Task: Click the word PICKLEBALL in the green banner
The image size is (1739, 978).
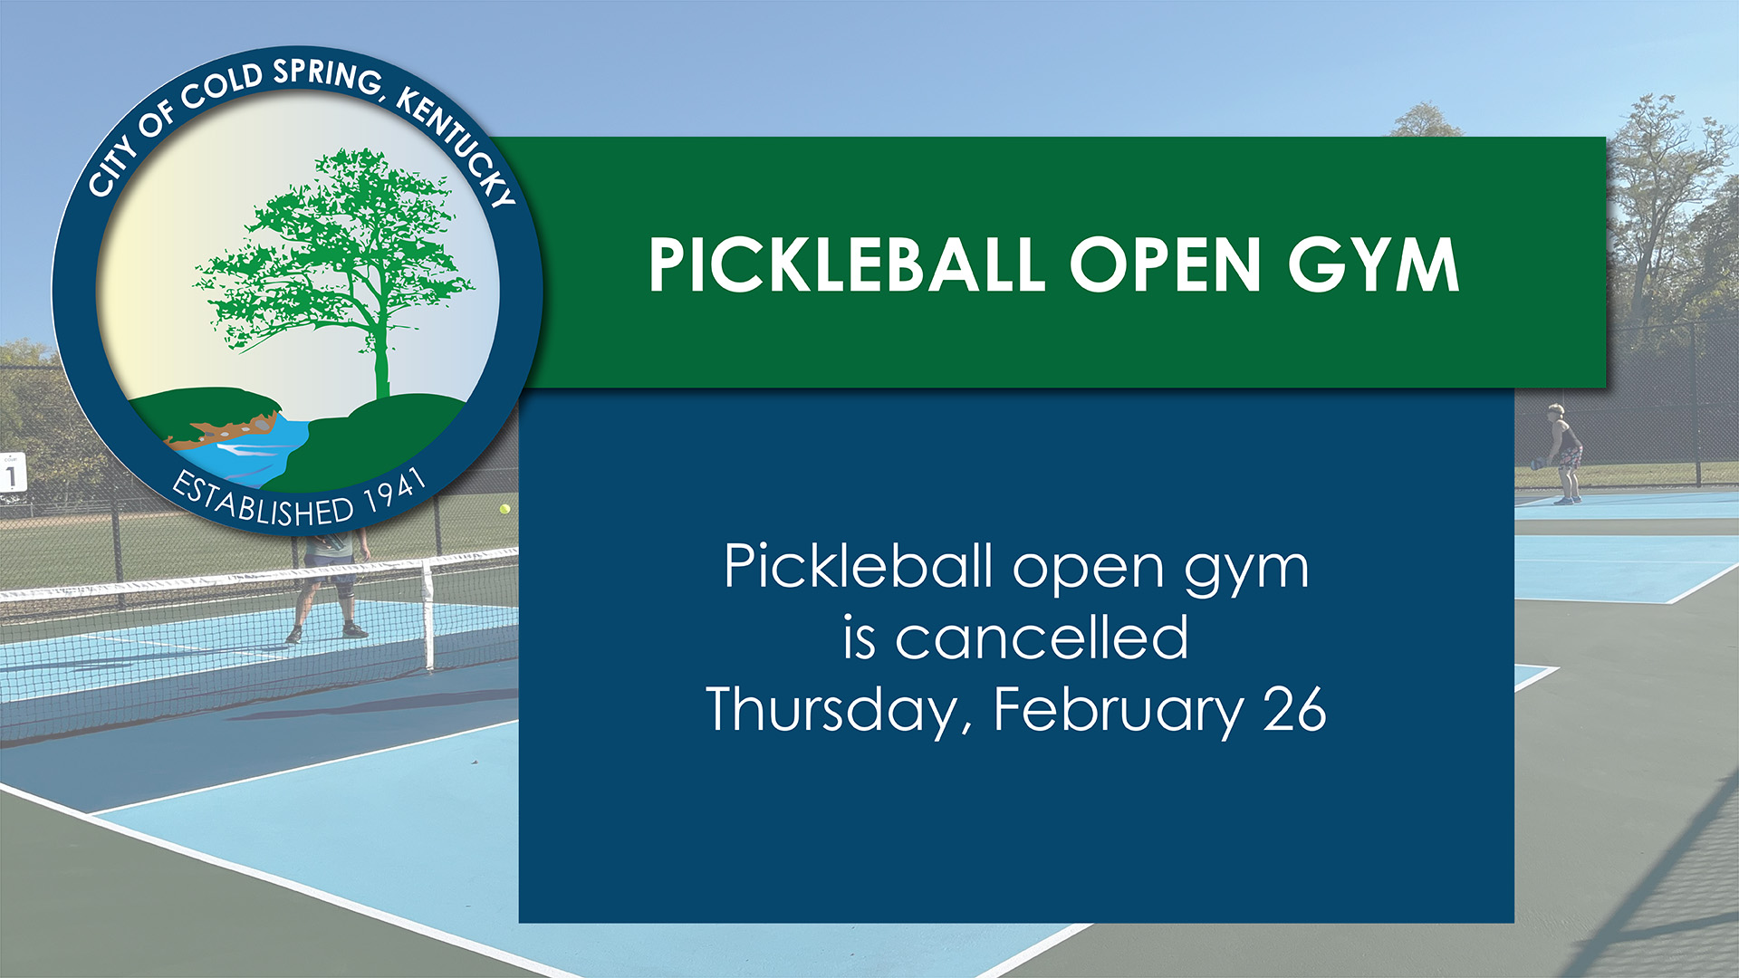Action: pos(846,265)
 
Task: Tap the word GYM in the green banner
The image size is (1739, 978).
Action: pos(1373,265)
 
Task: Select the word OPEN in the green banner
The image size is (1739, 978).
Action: pos(1165,265)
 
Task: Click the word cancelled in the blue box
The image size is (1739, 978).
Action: pos(1042,638)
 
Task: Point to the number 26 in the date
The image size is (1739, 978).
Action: pos(1295,709)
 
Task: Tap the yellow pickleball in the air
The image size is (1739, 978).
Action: pos(504,509)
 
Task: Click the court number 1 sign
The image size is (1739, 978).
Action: pos(12,473)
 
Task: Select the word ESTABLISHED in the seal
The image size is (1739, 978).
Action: pos(263,503)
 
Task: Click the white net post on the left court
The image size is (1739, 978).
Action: pos(429,616)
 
